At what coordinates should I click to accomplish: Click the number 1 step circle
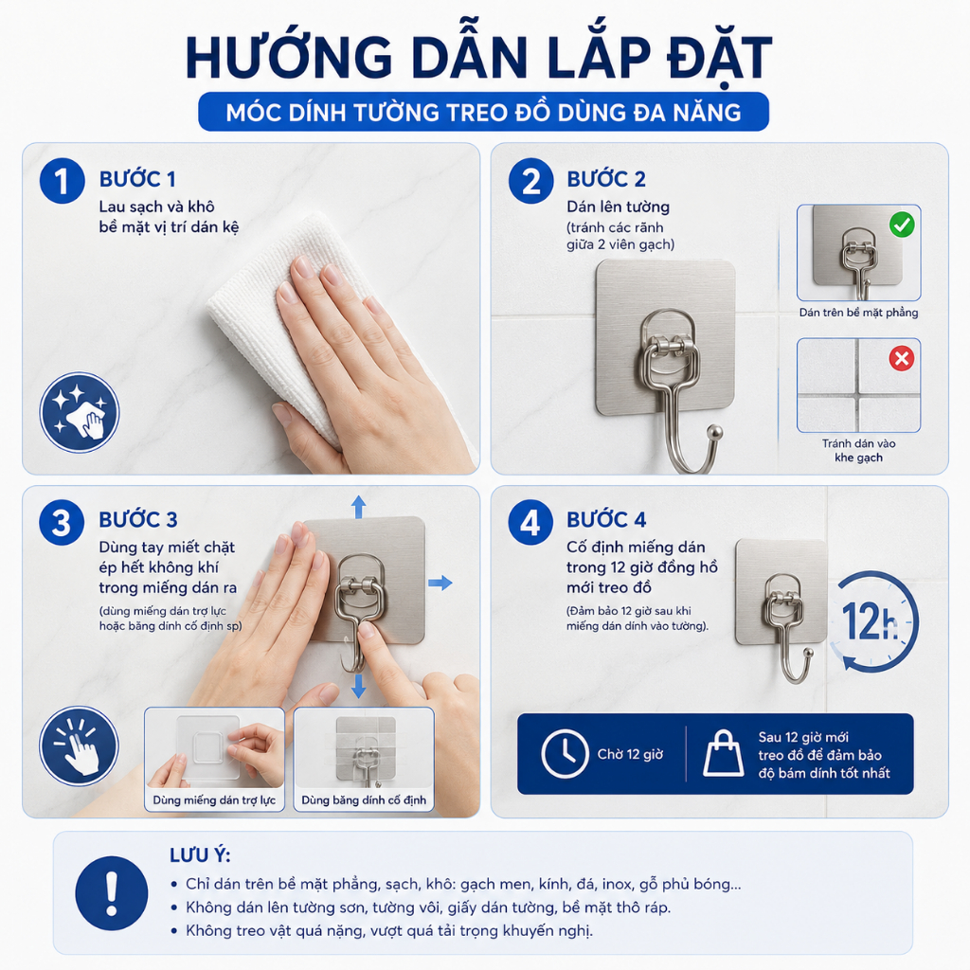[62, 181]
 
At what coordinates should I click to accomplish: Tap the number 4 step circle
[530, 523]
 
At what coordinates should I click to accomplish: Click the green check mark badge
[902, 225]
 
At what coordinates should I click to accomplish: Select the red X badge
[902, 358]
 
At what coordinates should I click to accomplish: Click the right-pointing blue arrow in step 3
[440, 583]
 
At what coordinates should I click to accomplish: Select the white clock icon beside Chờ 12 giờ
[565, 753]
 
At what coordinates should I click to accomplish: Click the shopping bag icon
[723, 753]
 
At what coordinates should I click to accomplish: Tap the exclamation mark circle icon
[112, 893]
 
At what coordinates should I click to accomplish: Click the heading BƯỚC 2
[606, 179]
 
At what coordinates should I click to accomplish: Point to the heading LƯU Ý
[200, 855]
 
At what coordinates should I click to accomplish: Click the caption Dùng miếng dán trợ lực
[214, 799]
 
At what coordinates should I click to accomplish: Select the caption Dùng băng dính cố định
[364, 799]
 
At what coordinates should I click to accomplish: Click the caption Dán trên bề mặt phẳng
[858, 313]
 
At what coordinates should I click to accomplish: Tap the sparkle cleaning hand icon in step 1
[80, 412]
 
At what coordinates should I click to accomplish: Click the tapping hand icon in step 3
[79, 746]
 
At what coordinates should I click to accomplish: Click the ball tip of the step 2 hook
[714, 431]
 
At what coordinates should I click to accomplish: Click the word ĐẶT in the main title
[720, 59]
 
